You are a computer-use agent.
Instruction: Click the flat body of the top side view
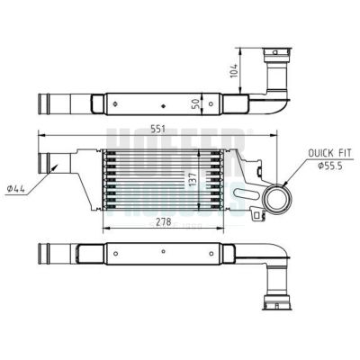pos(153,103)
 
